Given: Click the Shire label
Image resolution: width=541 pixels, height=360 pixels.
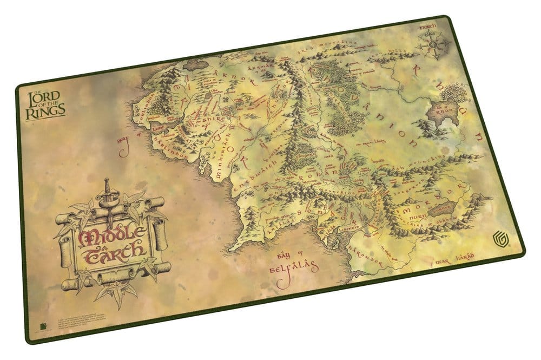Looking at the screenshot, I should click(212, 108).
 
